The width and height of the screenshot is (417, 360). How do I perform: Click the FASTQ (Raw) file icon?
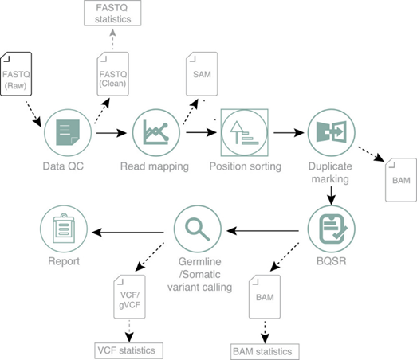[16, 74]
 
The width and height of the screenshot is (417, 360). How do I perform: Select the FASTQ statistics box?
[112, 13]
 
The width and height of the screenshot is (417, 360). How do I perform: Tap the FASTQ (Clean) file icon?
[112, 74]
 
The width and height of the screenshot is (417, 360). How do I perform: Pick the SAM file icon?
[202, 74]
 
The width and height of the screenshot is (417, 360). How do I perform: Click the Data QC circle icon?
[68, 132]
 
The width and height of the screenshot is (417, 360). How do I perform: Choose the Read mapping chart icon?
[156, 132]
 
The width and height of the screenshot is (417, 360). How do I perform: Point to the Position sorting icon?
[245, 132]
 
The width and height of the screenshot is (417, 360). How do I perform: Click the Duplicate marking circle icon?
[331, 132]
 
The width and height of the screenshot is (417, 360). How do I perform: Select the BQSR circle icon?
[331, 229]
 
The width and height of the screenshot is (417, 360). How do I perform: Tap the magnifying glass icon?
[197, 229]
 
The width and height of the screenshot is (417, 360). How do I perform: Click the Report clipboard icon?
[64, 229]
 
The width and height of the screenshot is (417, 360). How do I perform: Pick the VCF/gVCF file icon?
[129, 296]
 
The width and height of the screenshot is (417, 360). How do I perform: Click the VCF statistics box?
[128, 350]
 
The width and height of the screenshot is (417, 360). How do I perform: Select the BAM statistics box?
[265, 351]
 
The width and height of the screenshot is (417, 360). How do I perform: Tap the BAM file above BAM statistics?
[265, 296]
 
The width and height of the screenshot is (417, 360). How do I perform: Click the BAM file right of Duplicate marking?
[401, 180]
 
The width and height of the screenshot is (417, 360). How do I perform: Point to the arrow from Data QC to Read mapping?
[112, 132]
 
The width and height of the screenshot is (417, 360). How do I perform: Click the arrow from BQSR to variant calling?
[263, 231]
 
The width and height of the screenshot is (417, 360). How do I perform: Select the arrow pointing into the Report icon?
[128, 233]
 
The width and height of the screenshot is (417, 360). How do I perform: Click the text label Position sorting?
[246, 166]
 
